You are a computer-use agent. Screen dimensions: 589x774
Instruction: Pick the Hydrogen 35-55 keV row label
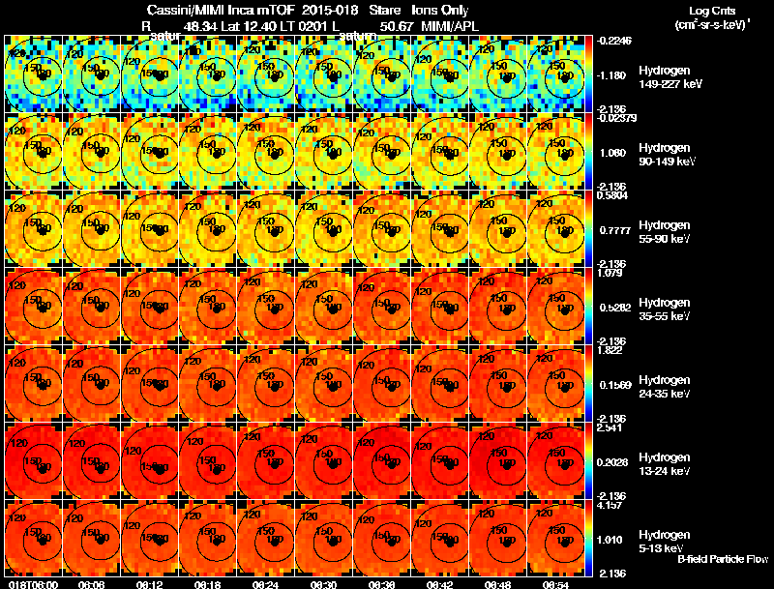tap(666, 309)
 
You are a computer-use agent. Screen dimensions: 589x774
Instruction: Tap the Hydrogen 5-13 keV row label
tap(663, 541)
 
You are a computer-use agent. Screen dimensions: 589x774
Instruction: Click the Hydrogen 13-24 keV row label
tap(666, 463)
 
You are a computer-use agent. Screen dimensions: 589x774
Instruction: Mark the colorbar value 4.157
tap(609, 504)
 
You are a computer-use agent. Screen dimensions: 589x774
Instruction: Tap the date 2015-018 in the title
tap(328, 11)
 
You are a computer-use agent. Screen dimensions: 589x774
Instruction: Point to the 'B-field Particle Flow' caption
tap(722, 559)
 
